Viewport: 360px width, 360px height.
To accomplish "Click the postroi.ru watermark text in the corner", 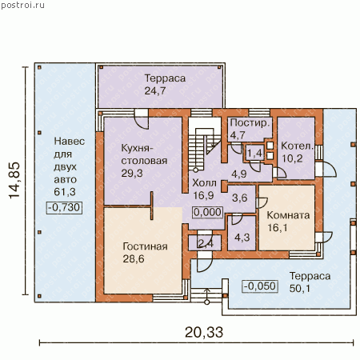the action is (x=22, y=5).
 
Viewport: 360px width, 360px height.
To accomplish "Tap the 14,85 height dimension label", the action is (x=14, y=180).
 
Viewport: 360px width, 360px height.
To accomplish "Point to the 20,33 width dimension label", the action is (x=204, y=332).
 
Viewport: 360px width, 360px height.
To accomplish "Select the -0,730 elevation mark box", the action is (x=64, y=207).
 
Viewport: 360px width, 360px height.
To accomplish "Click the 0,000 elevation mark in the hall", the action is (x=208, y=213).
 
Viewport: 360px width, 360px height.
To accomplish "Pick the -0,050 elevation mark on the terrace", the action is (x=260, y=286).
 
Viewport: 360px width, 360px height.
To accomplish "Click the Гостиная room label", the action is (x=145, y=246).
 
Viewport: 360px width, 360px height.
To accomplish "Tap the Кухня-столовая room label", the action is (x=144, y=154).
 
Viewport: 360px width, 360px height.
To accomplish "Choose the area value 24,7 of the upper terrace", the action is (x=155, y=91).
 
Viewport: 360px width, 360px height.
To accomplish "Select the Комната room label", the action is (x=288, y=215).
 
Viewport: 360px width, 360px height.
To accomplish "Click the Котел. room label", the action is (x=296, y=146).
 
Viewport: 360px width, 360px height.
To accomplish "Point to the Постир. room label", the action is (x=250, y=123).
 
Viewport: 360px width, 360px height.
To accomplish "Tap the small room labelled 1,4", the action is (x=254, y=154).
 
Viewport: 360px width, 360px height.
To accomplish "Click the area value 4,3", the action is (x=242, y=238).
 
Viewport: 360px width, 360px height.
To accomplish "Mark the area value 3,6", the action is (x=240, y=198).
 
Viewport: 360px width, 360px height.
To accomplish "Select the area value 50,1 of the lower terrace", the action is (x=300, y=288).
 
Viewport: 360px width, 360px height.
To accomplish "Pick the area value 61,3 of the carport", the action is (x=65, y=192).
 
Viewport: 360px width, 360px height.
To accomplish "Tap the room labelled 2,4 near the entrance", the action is (x=206, y=243).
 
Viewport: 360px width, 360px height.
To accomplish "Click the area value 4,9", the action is (x=239, y=174).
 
